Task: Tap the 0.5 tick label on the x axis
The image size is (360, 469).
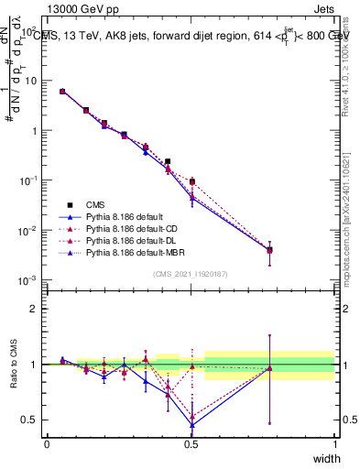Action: (x=191, y=443)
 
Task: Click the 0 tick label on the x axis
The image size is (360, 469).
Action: (x=47, y=443)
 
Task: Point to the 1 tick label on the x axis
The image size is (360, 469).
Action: (x=334, y=443)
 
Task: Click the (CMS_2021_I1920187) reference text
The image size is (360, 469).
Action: (x=191, y=273)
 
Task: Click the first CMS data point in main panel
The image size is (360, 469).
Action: (x=62, y=92)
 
